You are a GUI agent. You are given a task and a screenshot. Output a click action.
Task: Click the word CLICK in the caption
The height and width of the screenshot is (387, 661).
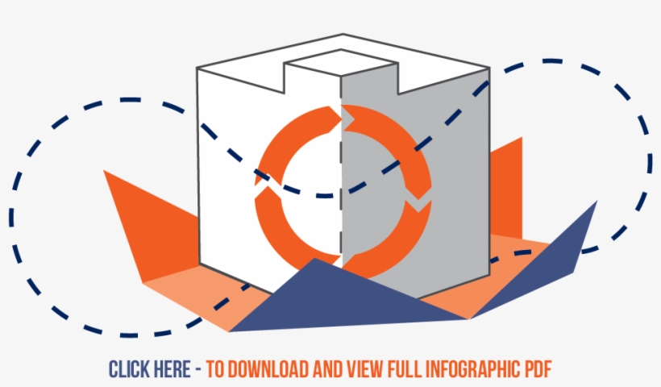point(128,369)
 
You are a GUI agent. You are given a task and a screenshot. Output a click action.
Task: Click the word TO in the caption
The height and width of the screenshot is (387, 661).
point(214,369)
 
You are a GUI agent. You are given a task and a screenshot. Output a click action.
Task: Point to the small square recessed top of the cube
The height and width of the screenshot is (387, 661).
point(341,63)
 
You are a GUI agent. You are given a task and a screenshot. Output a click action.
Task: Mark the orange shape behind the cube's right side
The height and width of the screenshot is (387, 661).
point(506,189)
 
